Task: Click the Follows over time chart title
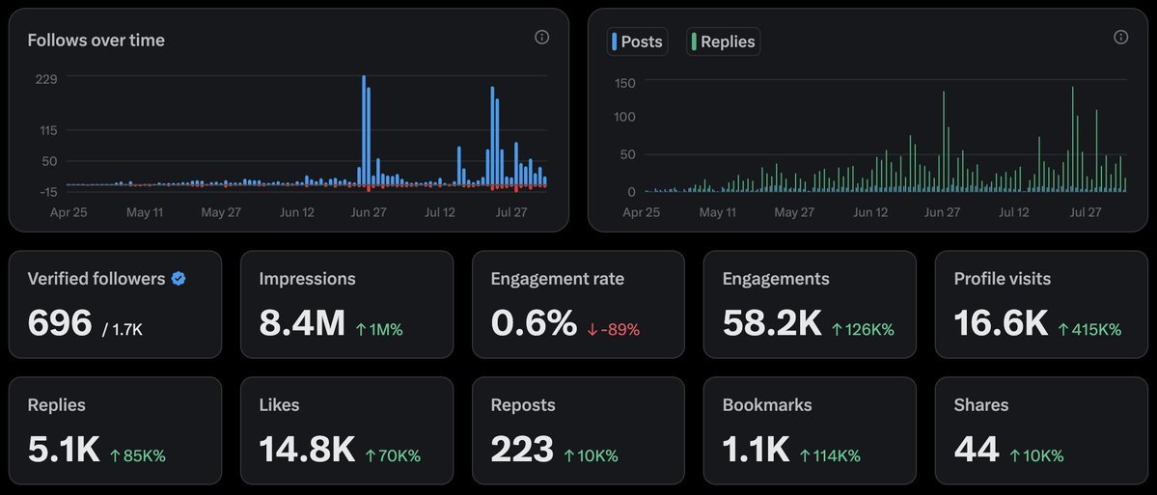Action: coord(96,41)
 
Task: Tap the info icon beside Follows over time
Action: coord(541,38)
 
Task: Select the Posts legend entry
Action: coord(638,41)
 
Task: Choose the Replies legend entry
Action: coord(723,41)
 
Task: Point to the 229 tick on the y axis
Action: coord(46,79)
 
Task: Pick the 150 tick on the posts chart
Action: coord(624,83)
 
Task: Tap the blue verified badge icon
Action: coord(179,279)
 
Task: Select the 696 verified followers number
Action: coord(60,323)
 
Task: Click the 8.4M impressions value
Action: coord(302,323)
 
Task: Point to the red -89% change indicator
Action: coord(614,329)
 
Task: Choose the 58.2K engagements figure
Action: coord(773,323)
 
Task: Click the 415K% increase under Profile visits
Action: coord(1089,329)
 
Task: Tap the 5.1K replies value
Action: coord(64,449)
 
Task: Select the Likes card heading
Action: coord(280,405)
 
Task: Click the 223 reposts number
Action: coord(522,449)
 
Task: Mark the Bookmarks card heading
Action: coord(767,405)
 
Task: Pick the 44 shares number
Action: coord(976,449)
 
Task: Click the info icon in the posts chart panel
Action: coord(1120,38)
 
